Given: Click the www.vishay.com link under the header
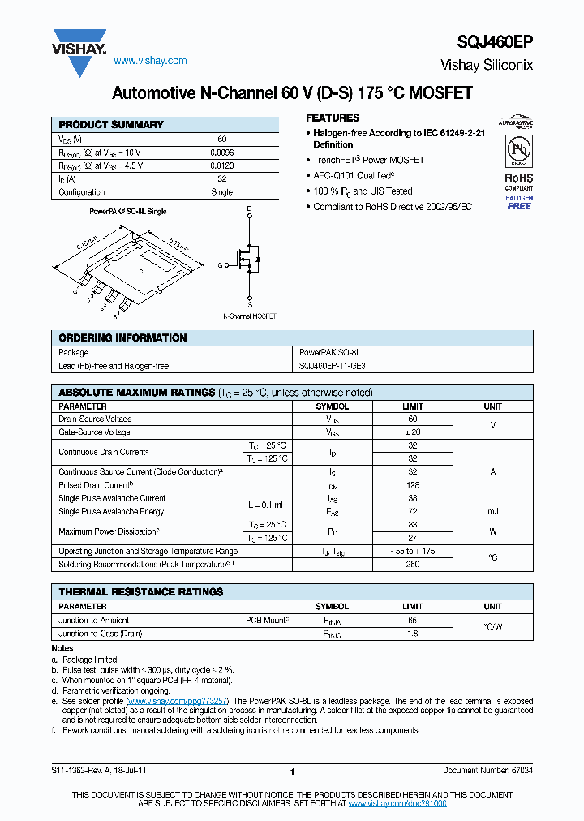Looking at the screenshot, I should coord(150,61).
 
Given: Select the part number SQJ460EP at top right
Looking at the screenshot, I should coord(499,43).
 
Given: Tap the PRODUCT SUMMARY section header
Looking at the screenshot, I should coord(111,125).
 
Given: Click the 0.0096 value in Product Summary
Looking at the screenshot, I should coord(221,153).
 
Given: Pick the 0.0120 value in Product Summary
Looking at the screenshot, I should coord(221,165).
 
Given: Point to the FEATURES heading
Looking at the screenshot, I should coord(333,118).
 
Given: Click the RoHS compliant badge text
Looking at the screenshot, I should coord(518,178).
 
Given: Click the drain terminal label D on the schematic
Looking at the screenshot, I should coord(249,209).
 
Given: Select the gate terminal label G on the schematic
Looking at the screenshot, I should coord(219,265).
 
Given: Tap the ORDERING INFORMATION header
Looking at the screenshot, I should coord(122,337).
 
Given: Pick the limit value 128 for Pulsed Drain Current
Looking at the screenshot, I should coord(412,484).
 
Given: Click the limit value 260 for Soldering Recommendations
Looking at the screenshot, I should coord(412,563).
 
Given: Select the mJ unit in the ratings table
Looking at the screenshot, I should coord(492,511).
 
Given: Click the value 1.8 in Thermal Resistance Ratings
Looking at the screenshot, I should coord(412,633).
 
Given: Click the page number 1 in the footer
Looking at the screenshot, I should coord(291,772).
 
